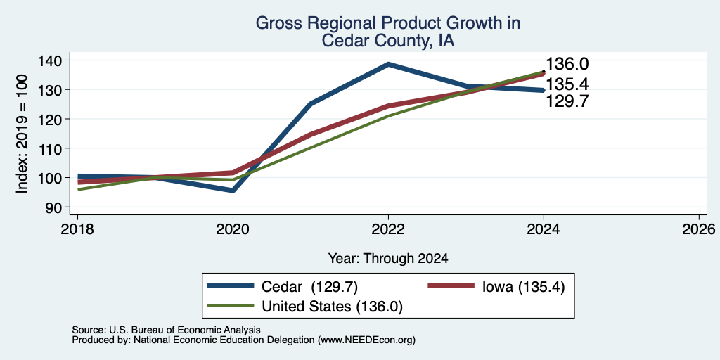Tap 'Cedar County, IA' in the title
point(388,40)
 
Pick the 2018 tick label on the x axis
point(77,229)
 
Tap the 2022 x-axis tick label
point(388,229)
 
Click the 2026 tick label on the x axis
point(699,229)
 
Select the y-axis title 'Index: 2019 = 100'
point(22,134)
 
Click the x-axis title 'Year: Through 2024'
point(388,259)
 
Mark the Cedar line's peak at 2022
point(388,64)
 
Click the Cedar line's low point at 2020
point(233,190)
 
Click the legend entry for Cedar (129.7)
point(283,287)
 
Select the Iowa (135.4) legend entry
point(496,287)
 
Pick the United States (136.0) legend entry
point(305,307)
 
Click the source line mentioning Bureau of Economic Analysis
point(166,330)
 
